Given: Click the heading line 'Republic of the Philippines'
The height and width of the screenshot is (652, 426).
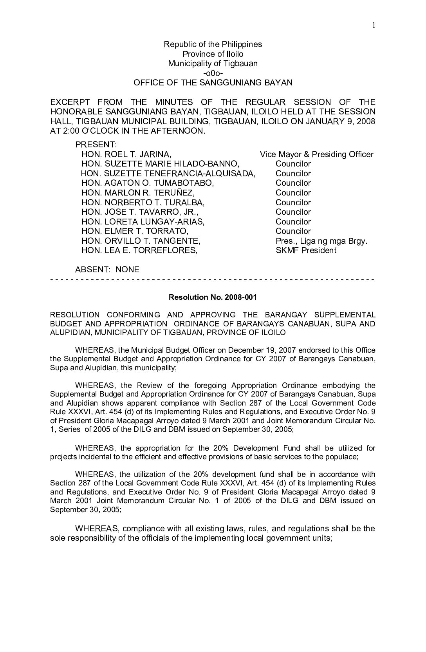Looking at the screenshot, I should (213, 44).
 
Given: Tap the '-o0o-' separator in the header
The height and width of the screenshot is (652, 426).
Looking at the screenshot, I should (213, 73).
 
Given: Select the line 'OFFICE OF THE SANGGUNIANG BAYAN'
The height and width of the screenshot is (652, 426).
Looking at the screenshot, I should (213, 83).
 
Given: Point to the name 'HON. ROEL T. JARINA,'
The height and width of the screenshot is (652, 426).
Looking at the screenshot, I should (126, 154).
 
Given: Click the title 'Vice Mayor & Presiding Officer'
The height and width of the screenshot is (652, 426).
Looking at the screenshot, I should (316, 154).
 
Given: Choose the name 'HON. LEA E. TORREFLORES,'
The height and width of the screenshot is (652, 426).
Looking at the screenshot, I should (139, 250).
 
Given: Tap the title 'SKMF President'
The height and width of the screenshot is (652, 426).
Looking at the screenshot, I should (306, 250).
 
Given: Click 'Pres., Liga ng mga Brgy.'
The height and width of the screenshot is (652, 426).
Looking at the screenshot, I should (321, 241).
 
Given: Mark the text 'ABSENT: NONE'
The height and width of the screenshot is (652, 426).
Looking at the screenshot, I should (107, 270).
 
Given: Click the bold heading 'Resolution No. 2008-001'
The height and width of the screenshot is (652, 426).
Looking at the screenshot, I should (213, 297).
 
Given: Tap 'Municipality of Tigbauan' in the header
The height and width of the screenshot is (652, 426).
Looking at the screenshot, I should (213, 63).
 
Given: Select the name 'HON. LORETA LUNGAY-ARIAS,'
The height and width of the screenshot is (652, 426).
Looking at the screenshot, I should (143, 222).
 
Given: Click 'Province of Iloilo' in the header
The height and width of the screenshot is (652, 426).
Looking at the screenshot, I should (213, 54).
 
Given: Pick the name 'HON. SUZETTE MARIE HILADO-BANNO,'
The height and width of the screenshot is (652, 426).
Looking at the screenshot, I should (160, 164).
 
